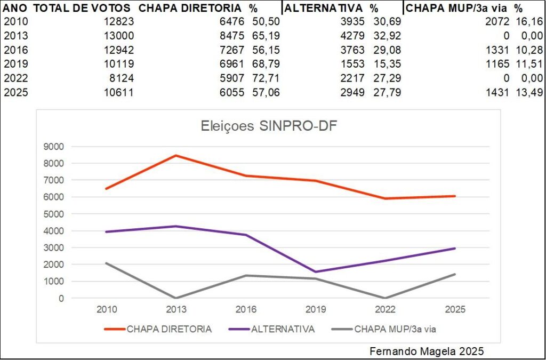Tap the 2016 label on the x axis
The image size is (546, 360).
click(x=246, y=309)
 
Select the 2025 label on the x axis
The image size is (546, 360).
click(x=455, y=309)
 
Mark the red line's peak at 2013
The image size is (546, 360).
click(x=176, y=155)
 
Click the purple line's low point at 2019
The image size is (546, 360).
click(x=316, y=272)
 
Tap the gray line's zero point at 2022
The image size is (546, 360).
click(x=386, y=298)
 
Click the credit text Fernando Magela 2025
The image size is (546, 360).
click(x=427, y=351)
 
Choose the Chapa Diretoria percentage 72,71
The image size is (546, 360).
click(x=266, y=78)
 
